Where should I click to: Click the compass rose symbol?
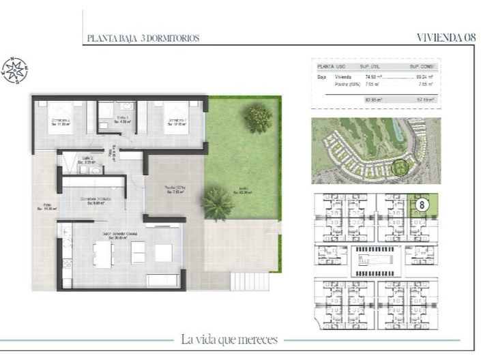[x=14, y=69]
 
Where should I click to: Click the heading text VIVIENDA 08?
[x=446, y=37]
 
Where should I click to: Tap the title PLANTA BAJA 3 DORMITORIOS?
[x=143, y=39]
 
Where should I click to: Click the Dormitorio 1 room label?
[x=177, y=123]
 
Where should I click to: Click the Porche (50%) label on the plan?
[x=176, y=190]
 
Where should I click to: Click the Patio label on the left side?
[x=46, y=207]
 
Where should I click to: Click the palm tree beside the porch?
[x=217, y=202]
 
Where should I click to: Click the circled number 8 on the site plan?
[x=422, y=203]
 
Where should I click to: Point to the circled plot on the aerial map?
[x=400, y=166]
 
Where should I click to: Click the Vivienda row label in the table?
[x=342, y=78]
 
